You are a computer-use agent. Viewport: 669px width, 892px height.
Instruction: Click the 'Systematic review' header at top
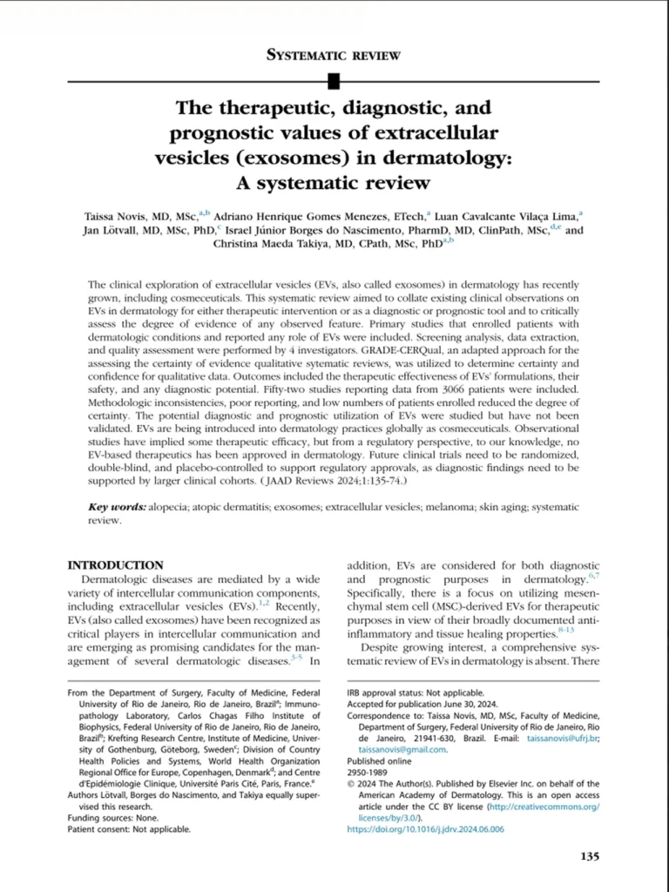tap(334, 56)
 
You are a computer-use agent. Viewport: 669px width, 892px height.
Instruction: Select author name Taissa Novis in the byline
tap(115, 214)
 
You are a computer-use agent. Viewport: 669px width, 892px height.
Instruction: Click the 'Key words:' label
tap(119, 507)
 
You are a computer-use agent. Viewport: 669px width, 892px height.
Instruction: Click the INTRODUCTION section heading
tap(116, 565)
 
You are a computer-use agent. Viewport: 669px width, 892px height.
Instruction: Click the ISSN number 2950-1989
tap(368, 771)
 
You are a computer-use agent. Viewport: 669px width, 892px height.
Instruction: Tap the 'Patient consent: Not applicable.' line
tap(128, 829)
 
